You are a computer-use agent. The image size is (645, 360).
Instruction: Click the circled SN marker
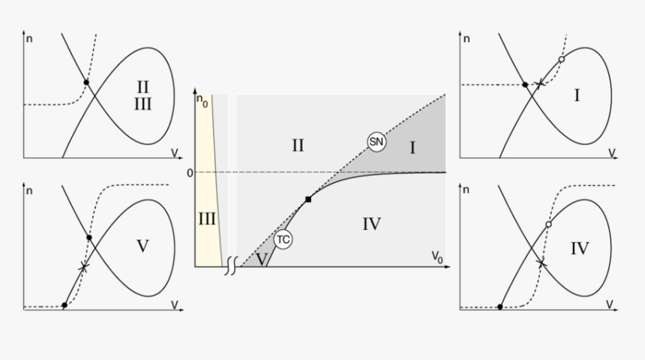(x=376, y=142)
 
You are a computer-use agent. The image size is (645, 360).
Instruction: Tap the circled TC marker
(x=283, y=239)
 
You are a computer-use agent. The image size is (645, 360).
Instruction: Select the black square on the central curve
(x=308, y=199)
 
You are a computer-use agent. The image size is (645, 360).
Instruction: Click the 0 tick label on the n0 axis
(x=190, y=173)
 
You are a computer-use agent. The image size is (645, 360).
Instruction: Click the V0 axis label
(x=436, y=257)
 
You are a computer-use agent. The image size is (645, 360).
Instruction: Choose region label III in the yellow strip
(x=207, y=219)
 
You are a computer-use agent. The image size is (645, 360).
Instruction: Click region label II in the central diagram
(x=298, y=145)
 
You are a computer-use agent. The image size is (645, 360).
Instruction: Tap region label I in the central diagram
(x=412, y=148)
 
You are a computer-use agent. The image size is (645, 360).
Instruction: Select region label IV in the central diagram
(x=371, y=224)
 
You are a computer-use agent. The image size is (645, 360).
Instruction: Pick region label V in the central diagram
(x=262, y=259)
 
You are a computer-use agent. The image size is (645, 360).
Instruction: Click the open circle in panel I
(x=562, y=59)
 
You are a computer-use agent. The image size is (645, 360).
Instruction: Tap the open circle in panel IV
(x=548, y=224)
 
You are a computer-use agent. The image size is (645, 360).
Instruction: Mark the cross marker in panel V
(x=84, y=267)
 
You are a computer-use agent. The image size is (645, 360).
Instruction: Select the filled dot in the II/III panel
(x=86, y=82)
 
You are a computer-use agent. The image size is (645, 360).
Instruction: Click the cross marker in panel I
(x=539, y=83)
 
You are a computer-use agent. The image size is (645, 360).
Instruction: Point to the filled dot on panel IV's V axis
(x=499, y=307)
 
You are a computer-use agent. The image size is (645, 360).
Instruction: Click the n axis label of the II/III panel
(x=28, y=39)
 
